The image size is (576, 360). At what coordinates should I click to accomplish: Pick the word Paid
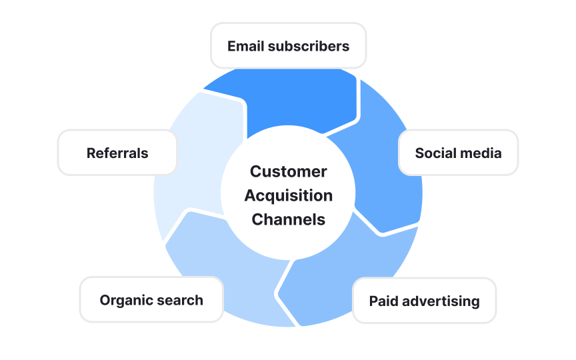(384, 301)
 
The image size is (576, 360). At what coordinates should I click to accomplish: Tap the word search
(181, 300)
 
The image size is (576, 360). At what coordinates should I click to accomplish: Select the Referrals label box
(117, 153)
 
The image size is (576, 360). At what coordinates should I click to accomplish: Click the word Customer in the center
(288, 171)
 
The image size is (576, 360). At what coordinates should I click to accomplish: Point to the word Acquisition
(288, 195)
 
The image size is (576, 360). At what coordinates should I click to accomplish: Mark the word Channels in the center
(288, 219)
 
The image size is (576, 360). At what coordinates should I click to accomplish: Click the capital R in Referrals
(91, 153)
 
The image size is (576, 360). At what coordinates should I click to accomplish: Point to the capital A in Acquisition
(250, 195)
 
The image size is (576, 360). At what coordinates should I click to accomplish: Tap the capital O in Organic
(105, 300)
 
